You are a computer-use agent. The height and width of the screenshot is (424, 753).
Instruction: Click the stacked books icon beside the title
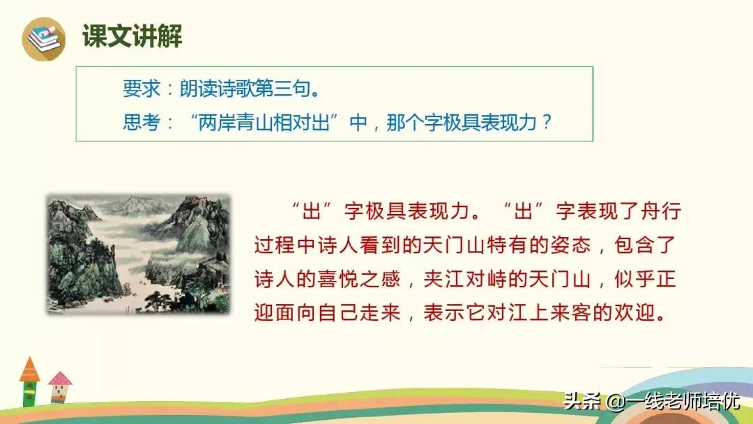pos(43,38)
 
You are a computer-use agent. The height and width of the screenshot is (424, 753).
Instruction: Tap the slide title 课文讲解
pos(132,36)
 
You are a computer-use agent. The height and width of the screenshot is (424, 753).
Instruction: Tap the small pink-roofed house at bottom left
pos(60,388)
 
